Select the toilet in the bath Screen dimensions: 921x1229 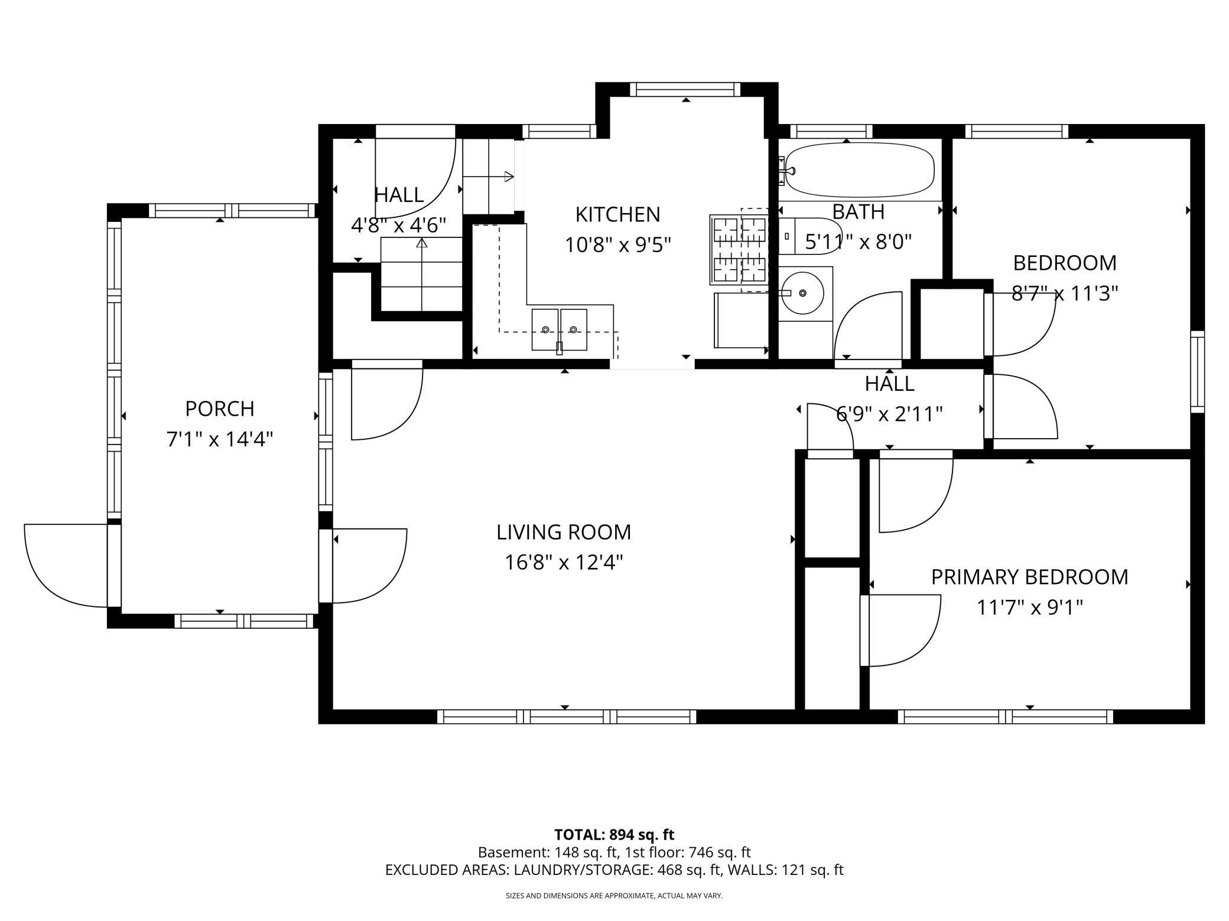[809, 236]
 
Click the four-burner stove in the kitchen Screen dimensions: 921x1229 [740, 249]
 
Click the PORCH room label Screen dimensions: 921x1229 [220, 409]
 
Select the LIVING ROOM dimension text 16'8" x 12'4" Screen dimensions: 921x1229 [564, 563]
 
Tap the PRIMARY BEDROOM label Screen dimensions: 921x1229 [1029, 577]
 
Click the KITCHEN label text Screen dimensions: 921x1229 [617, 214]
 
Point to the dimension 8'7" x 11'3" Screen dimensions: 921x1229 [1065, 293]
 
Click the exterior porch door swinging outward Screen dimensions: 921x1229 [65, 566]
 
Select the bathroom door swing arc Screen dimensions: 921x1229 [867, 325]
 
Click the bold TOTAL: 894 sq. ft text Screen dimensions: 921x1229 [614, 835]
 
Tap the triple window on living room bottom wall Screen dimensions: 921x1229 [566, 717]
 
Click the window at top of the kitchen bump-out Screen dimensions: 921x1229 [685, 89]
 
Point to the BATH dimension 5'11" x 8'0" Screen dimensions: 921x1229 [859, 241]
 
